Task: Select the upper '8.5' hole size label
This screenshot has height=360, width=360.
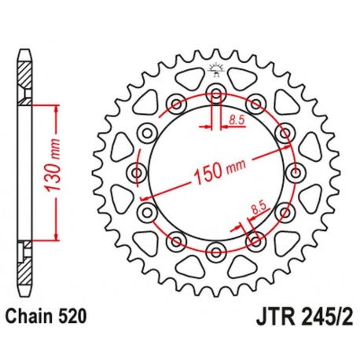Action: (x=236, y=119)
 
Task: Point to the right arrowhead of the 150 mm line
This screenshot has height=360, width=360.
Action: (x=287, y=151)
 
